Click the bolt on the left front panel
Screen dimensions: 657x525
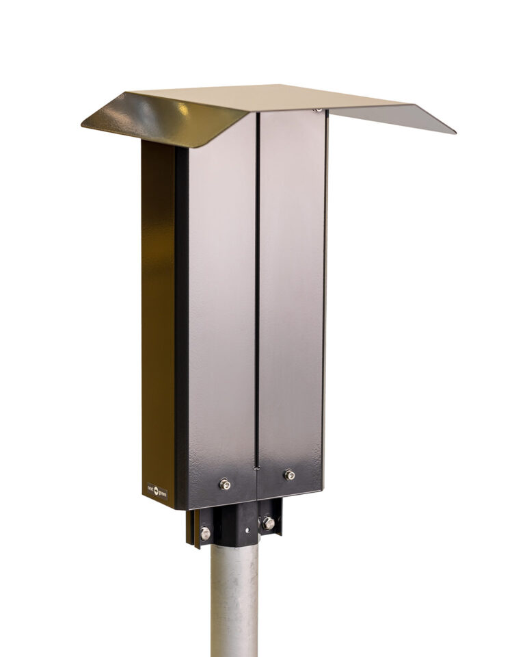click(224, 484)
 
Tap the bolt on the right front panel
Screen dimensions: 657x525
click(290, 474)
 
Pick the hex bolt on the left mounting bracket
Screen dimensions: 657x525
click(205, 532)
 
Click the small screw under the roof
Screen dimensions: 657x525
click(319, 109)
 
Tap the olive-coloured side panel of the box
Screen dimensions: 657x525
click(158, 308)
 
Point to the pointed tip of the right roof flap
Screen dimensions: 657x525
click(453, 132)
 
